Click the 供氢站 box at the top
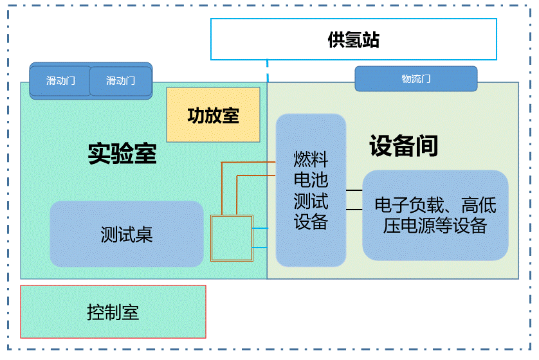click(353, 39)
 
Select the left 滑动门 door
click(60, 81)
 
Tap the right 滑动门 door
click(120, 81)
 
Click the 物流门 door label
click(416, 79)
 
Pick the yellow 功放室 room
click(213, 115)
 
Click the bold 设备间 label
click(403, 146)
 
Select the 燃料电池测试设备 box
click(311, 190)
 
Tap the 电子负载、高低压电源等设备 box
click(435, 215)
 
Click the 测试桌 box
click(126, 235)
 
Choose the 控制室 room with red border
click(113, 312)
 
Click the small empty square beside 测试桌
click(232, 238)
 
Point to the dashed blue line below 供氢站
click(268, 71)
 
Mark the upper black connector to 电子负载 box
click(354, 190)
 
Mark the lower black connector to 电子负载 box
click(354, 210)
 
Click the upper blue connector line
click(264, 228)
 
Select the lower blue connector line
click(264, 248)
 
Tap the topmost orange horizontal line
click(248, 163)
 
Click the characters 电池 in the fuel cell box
click(311, 179)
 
